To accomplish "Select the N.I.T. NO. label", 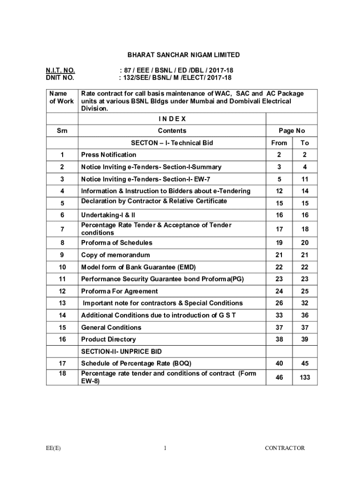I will point(60,70).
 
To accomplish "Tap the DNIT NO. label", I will point(60,78).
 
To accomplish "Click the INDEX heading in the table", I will point(172,119).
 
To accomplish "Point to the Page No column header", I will point(291,131).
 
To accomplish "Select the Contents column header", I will point(172,131).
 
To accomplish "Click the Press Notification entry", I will point(109,155).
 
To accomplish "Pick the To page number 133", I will point(305,377).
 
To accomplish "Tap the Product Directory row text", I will point(108,339).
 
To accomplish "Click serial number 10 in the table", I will point(62,267).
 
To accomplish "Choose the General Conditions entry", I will point(111,327).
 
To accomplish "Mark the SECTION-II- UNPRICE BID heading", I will point(122,351).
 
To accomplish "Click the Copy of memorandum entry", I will point(115,255).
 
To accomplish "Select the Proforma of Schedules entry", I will point(117,243).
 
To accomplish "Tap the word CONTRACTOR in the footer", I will point(285,448).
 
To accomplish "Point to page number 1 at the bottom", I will point(166,448).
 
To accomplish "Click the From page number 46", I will point(279,377).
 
